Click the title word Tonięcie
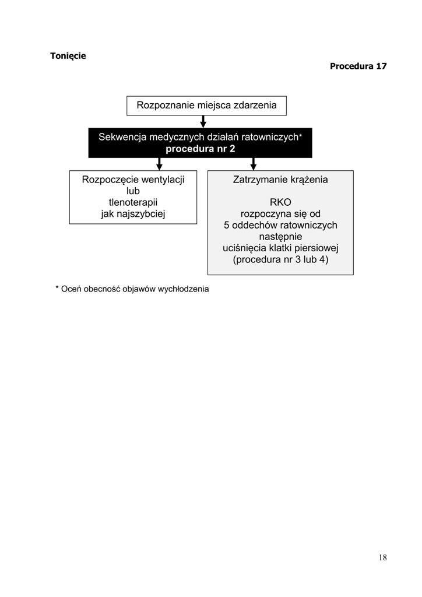tap(68, 56)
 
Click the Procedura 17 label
tap(358, 66)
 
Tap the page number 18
tap(382, 557)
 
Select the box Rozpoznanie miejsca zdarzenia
tap(206, 106)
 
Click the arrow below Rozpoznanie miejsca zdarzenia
tap(203, 121)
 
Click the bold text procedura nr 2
tap(200, 149)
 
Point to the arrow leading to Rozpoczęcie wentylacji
tap(160, 164)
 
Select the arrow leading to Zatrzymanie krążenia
tap(254, 164)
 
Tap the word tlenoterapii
tap(133, 202)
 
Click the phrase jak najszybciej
tap(133, 214)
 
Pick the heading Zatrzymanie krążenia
tap(280, 180)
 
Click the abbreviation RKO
tap(280, 202)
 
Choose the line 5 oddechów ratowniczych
tap(280, 225)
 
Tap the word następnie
tap(280, 237)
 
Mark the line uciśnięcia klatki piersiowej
tap(280, 248)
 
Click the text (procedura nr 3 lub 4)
tap(280, 259)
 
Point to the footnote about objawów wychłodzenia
tap(132, 289)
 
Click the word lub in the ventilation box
tap(133, 191)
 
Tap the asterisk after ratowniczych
tap(300, 135)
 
